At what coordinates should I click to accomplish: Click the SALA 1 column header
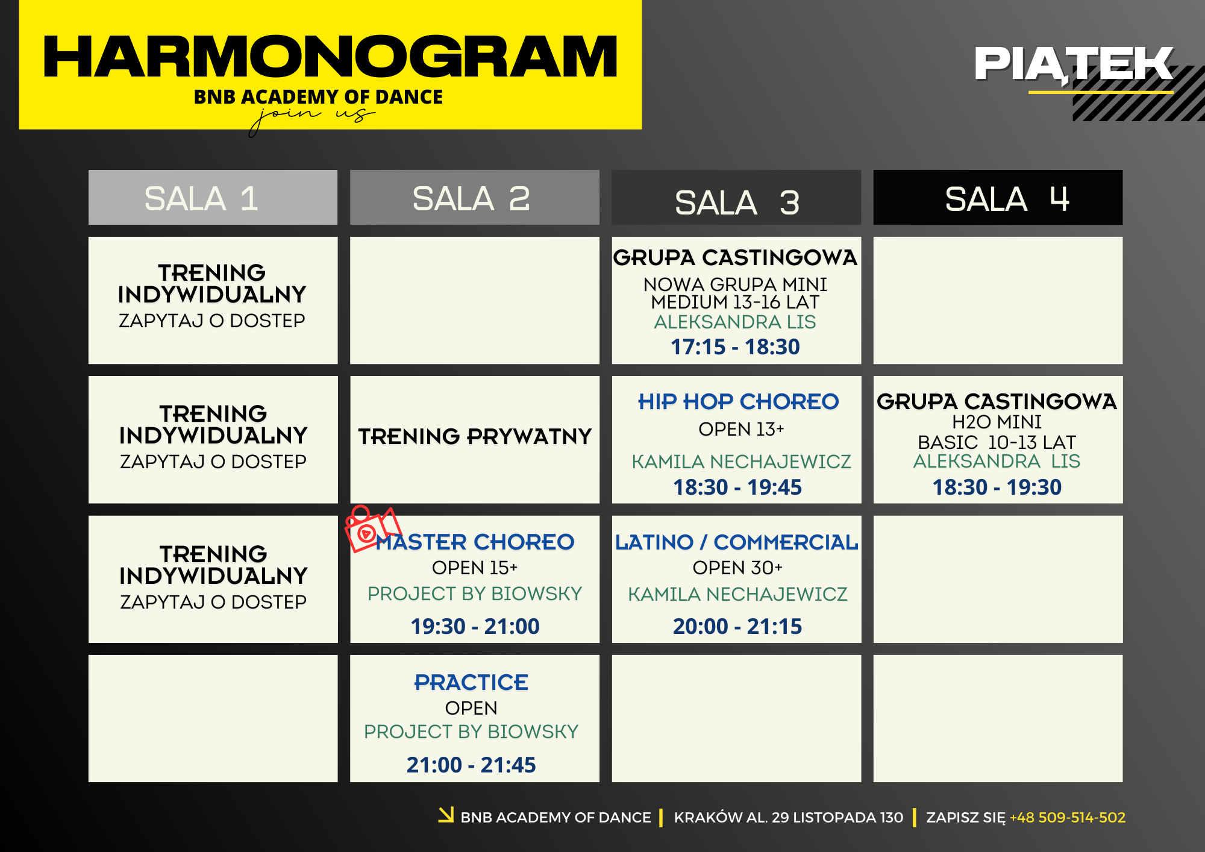(x=213, y=198)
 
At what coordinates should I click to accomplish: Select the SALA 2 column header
(x=475, y=198)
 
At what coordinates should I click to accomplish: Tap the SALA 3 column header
(x=736, y=198)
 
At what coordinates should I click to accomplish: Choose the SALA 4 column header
(x=998, y=198)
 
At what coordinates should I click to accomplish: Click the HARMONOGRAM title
(x=330, y=57)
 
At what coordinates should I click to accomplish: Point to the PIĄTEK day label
(x=1074, y=64)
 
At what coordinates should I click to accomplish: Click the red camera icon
(x=372, y=528)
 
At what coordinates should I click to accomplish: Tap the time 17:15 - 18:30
(x=735, y=347)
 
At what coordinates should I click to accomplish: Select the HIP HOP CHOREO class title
(x=738, y=401)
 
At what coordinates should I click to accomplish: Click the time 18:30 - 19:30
(x=997, y=487)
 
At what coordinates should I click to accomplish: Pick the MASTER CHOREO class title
(x=475, y=542)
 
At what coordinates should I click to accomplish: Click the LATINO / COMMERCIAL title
(x=736, y=542)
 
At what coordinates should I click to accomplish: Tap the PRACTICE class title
(x=471, y=682)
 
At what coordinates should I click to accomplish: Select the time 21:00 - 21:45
(x=471, y=765)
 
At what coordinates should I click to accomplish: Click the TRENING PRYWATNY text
(x=475, y=436)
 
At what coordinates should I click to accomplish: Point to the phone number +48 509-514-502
(x=1068, y=818)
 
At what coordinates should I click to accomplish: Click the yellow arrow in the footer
(x=446, y=815)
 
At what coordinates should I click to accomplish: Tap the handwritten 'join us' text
(x=312, y=117)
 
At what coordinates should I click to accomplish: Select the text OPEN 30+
(x=737, y=568)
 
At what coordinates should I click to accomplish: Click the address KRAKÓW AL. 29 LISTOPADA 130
(x=789, y=818)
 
